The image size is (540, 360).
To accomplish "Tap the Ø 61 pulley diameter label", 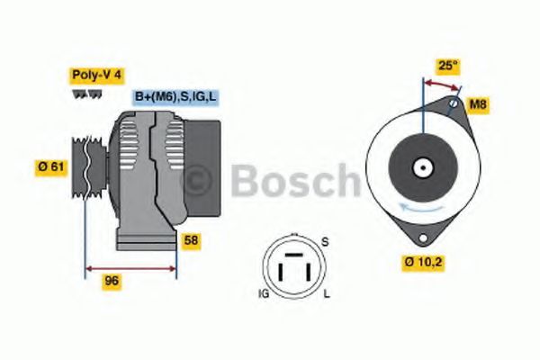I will (x=50, y=166).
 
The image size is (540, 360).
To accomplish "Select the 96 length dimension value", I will (x=112, y=281).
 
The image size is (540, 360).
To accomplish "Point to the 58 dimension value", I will (x=191, y=240).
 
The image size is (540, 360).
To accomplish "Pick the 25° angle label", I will (x=447, y=65).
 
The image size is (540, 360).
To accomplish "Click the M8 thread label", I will (x=479, y=105).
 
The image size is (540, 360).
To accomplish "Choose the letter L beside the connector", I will (x=326, y=293).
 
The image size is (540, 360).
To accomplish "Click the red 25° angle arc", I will (x=441, y=84).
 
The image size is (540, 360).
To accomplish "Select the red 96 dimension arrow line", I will (x=130, y=267).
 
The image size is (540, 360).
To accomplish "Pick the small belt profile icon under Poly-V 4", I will (x=81, y=94).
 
